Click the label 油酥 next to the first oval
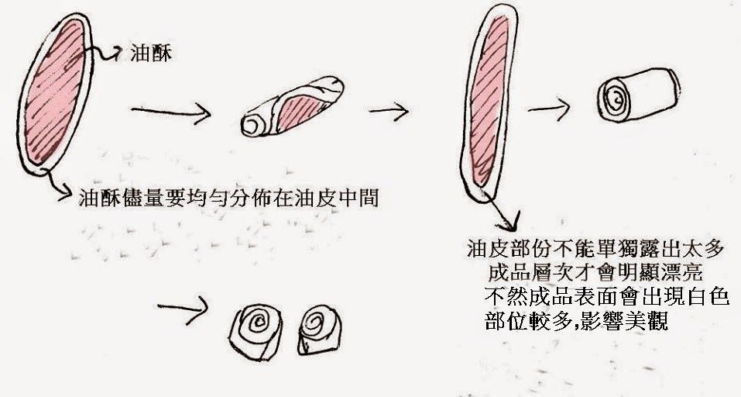(x=151, y=53)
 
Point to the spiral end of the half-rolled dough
(x=253, y=126)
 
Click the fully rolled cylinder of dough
(x=638, y=95)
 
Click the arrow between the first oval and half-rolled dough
(x=170, y=112)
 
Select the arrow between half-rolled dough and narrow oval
(x=389, y=112)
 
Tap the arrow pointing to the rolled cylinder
(x=549, y=109)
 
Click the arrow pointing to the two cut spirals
(x=183, y=309)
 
